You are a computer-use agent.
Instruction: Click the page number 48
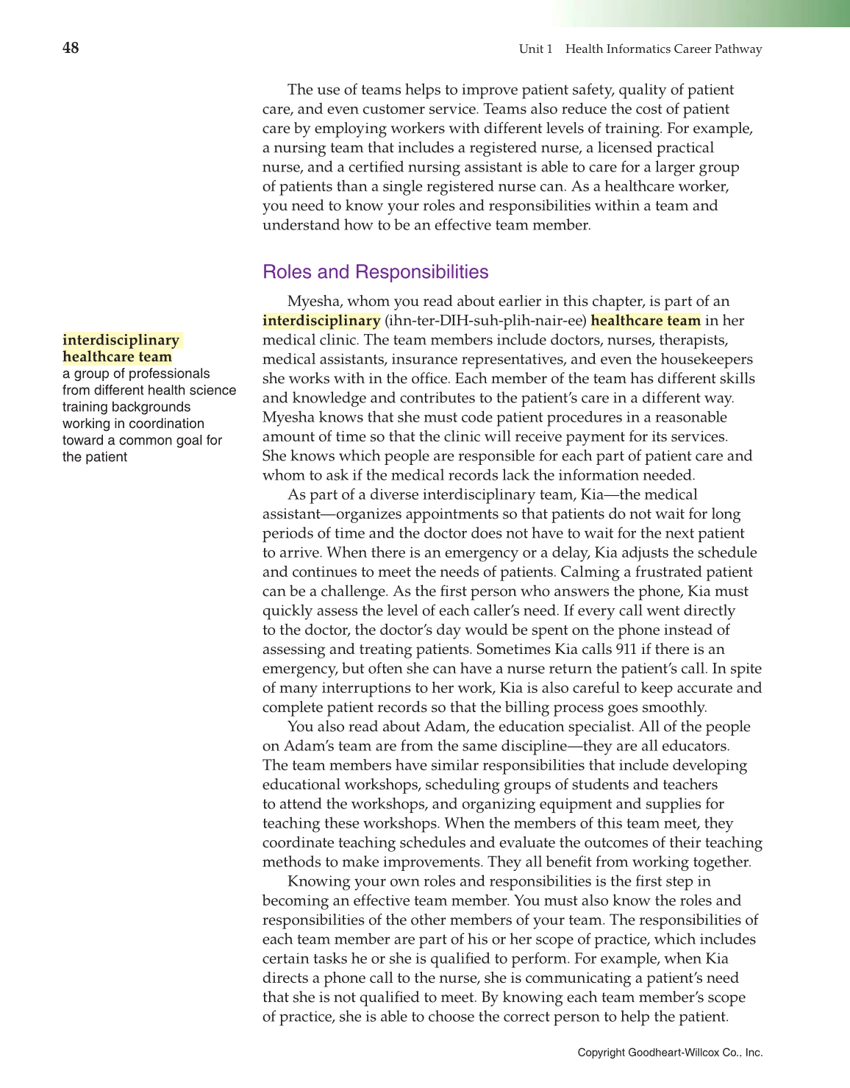(71, 49)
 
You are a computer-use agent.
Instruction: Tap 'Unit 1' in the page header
(535, 49)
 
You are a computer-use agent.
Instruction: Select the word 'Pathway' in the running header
(738, 49)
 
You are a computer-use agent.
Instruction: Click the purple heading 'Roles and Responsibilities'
(375, 272)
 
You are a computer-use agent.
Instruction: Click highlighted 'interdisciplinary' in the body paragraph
(321, 321)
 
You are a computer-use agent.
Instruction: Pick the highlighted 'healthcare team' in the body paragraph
(646, 321)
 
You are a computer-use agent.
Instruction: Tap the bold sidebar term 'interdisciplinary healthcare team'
(121, 349)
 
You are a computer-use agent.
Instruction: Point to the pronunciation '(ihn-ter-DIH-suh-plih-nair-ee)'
(485, 321)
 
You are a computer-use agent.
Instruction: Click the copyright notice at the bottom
(670, 1053)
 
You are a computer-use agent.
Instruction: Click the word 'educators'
(690, 746)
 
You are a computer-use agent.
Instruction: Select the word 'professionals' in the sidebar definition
(169, 374)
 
